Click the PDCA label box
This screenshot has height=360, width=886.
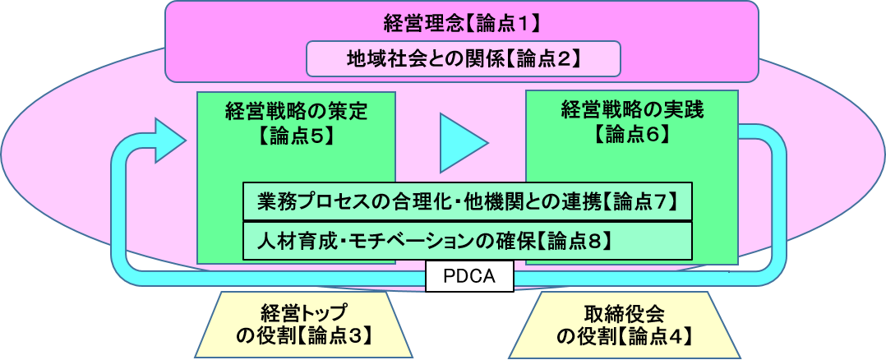[x=469, y=276]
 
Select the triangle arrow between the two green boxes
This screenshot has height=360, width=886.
[x=463, y=142]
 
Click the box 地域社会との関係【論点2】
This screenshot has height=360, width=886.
[x=462, y=58]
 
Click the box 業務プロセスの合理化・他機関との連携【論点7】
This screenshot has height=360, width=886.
[x=468, y=201]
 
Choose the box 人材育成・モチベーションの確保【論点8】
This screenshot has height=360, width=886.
[x=468, y=241]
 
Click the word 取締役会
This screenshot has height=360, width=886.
[x=623, y=313]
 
